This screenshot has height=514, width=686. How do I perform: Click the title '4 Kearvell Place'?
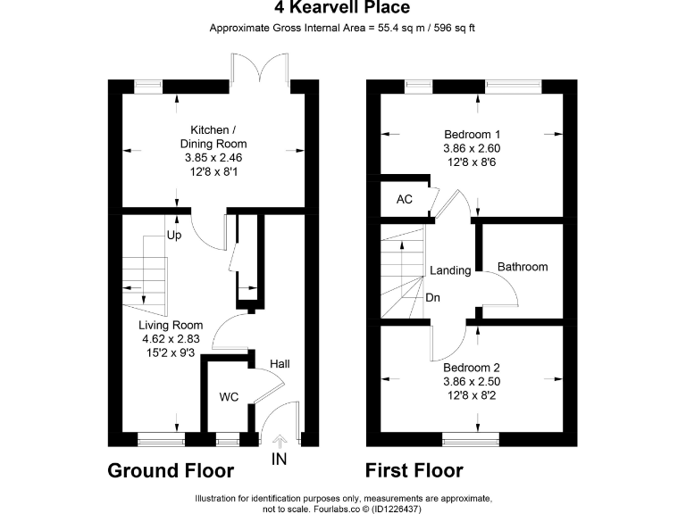tap(342, 9)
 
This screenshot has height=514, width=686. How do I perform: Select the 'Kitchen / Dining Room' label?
tap(213, 137)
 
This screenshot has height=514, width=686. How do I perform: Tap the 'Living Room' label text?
tap(171, 325)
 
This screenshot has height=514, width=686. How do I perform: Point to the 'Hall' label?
tap(280, 364)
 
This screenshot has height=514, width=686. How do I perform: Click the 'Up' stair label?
tap(174, 236)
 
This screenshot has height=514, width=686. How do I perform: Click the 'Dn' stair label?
tap(432, 297)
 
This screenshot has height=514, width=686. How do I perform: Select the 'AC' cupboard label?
tap(405, 199)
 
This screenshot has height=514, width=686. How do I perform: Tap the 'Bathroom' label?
tap(523, 267)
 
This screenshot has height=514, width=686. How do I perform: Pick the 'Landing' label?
tap(450, 270)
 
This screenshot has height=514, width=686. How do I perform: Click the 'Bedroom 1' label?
tap(472, 134)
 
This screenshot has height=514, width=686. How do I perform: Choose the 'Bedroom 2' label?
tap(472, 367)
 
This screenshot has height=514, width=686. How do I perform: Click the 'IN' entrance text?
tap(280, 460)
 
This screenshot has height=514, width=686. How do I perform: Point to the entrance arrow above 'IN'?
tap(280, 440)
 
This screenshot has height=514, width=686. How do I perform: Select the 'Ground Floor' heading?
tap(171, 470)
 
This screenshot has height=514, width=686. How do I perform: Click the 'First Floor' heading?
tap(414, 470)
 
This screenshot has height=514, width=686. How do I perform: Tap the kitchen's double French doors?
tap(258, 68)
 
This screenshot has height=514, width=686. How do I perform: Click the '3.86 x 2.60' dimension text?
tap(472, 148)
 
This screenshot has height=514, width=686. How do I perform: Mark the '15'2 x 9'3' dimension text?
tap(171, 353)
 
